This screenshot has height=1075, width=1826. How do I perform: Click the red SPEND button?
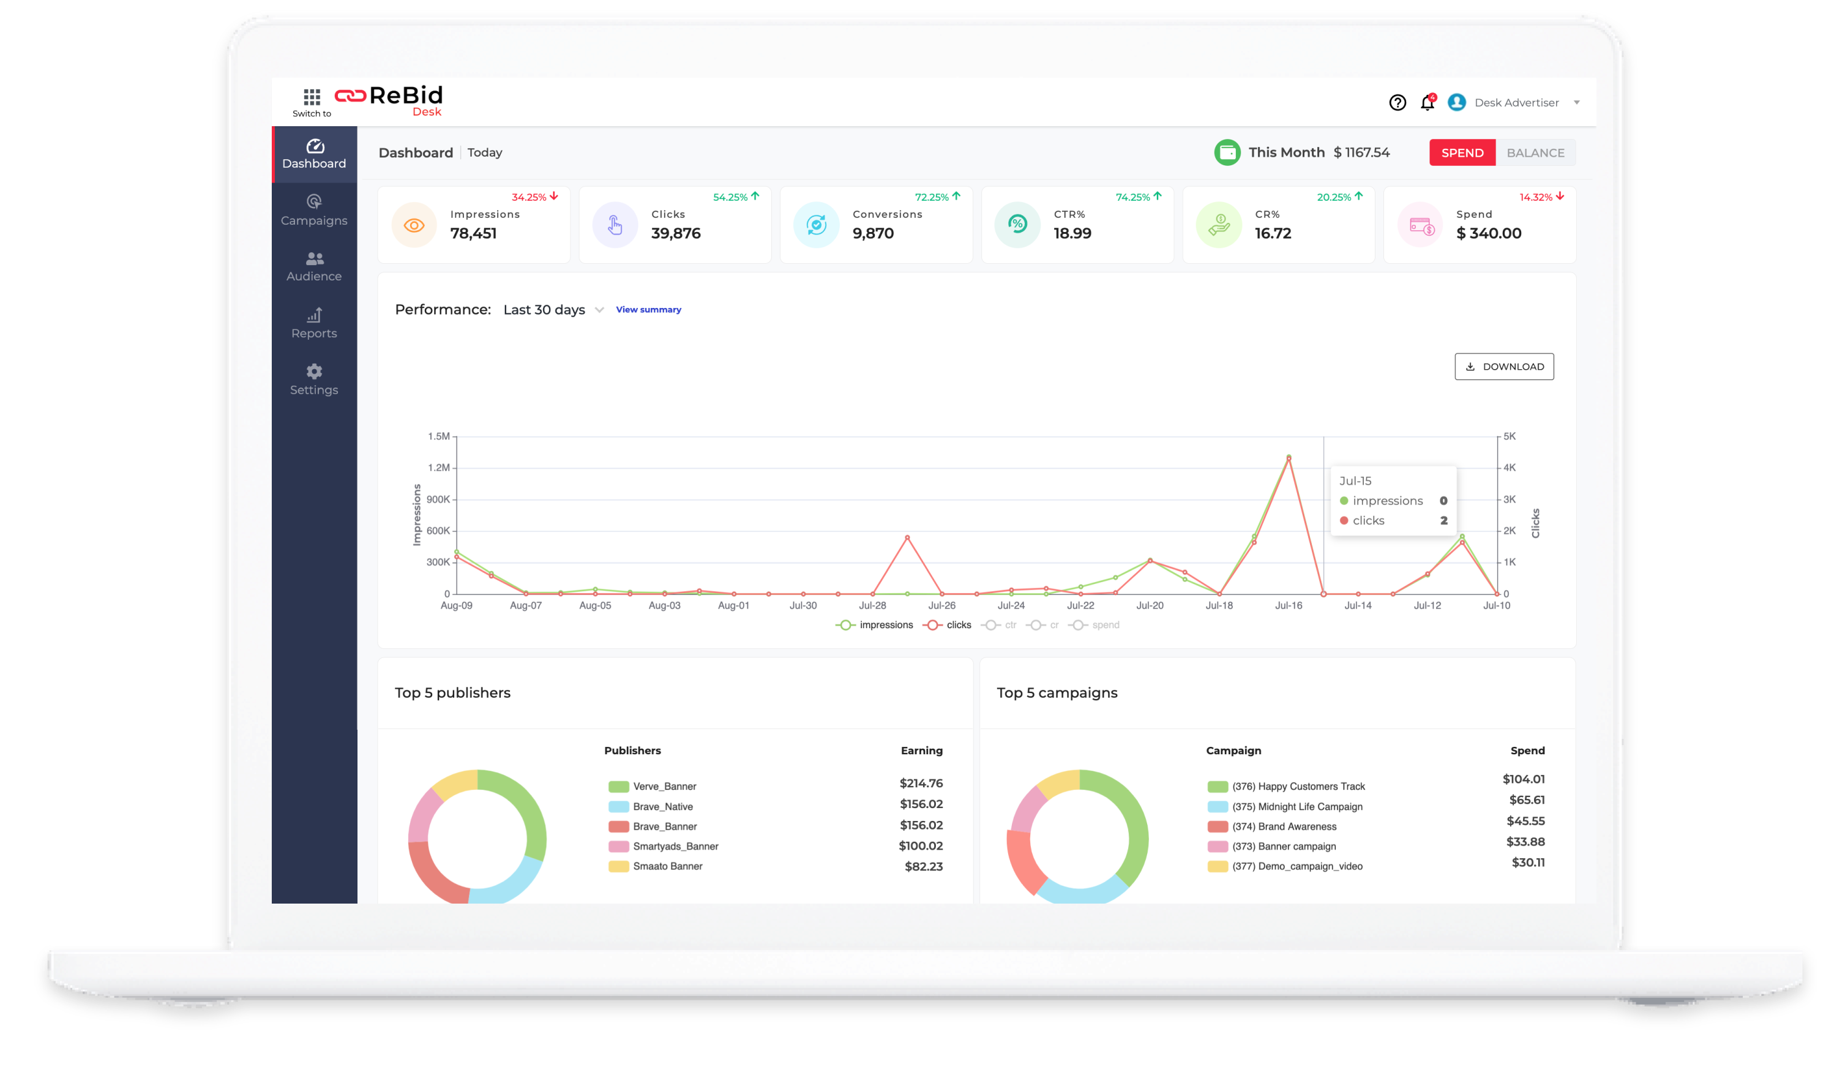point(1462,153)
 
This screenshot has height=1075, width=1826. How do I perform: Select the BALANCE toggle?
point(1535,153)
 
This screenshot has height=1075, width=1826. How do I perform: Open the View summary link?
point(648,310)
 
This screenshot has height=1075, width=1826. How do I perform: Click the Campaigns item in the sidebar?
point(314,210)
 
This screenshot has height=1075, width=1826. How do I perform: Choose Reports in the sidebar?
point(314,323)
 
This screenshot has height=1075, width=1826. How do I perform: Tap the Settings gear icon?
point(314,372)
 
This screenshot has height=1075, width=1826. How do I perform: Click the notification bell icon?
point(1427,103)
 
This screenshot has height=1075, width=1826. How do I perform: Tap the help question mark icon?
point(1397,103)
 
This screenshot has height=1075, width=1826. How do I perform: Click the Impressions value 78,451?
point(473,233)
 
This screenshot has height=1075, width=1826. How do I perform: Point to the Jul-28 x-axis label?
point(872,605)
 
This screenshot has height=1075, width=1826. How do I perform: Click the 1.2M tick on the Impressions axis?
point(438,468)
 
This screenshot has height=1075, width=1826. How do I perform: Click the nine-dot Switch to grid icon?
point(312,96)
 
